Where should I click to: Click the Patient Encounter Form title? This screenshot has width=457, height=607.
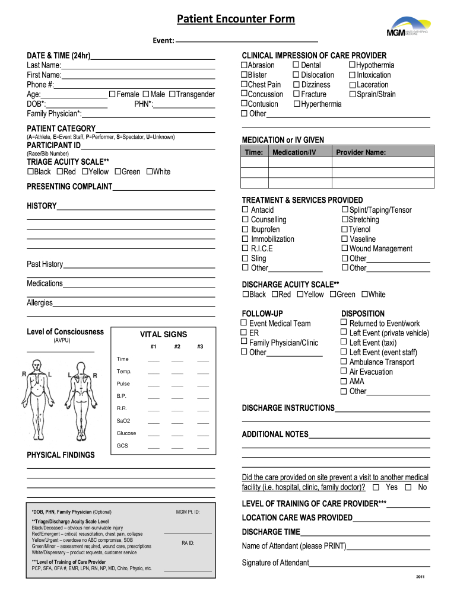coord(236,19)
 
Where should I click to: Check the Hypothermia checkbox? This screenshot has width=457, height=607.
coord(352,65)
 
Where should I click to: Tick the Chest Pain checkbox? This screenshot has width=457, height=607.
coord(243,84)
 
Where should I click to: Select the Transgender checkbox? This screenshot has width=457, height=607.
coord(173,94)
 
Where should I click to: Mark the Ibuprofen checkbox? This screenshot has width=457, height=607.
coord(245,229)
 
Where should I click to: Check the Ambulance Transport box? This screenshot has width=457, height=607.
coord(344,362)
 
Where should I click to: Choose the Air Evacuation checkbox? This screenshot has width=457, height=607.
coord(344,372)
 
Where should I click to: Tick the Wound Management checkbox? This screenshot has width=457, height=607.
coord(344,248)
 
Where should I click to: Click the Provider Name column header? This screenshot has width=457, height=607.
coord(361,152)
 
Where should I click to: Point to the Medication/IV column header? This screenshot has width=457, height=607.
coord(294,152)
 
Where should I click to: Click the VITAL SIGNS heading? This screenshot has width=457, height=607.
coord(163,334)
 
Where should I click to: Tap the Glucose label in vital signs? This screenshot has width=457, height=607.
coord(126,433)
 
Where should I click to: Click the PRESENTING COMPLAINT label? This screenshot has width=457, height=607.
coord(69,187)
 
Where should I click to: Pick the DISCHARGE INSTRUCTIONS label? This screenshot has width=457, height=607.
coord(288,408)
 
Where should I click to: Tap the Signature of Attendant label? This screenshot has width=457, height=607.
coord(275,563)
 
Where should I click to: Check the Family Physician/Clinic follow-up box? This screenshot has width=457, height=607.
coord(243,342)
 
